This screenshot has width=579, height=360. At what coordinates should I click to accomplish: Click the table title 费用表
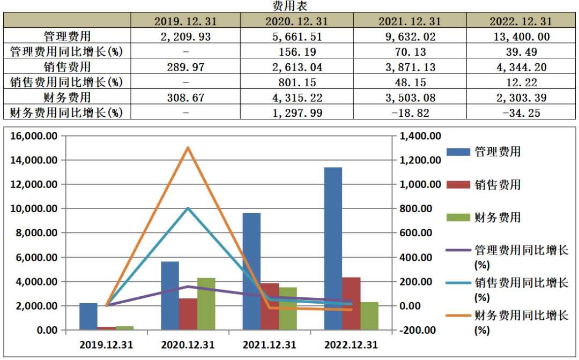pyautogui.click(x=290, y=6)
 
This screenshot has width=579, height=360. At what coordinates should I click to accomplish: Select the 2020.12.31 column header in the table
pyautogui.click(x=296, y=21)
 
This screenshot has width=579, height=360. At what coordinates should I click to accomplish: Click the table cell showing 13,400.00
pyautogui.click(x=521, y=36)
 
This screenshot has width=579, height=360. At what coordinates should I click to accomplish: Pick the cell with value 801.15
pyautogui.click(x=296, y=82)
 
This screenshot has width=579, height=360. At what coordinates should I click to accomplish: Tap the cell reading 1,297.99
pyautogui.click(x=296, y=112)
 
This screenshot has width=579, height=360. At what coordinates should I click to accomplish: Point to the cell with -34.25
pyautogui.click(x=521, y=112)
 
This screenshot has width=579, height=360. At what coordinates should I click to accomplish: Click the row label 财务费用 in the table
pyautogui.click(x=67, y=97)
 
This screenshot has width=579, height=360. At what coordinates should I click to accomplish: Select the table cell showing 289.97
pyautogui.click(x=185, y=67)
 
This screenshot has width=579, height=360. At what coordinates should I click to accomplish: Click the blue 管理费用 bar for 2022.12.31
pyautogui.click(x=333, y=249)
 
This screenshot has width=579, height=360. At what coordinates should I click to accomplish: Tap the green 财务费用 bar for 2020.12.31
pyautogui.click(x=206, y=304)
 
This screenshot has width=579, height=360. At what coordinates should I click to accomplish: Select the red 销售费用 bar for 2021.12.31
pyautogui.click(x=270, y=306)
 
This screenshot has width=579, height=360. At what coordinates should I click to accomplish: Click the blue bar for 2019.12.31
pyautogui.click(x=88, y=317)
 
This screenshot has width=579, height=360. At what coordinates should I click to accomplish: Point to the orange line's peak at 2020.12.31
pyautogui.click(x=188, y=148)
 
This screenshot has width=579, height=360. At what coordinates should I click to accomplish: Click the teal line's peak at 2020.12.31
pyautogui.click(x=188, y=208)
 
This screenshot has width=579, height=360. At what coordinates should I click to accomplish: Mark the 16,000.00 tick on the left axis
pyautogui.click(x=34, y=136)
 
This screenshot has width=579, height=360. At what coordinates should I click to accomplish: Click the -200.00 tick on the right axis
pyautogui.click(x=418, y=330)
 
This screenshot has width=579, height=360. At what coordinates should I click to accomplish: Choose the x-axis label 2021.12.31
pyautogui.click(x=270, y=345)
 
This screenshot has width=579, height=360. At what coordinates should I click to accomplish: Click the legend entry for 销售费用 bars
pyautogui.click(x=484, y=184)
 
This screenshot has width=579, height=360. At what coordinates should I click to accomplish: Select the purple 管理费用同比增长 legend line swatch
pyautogui.click(x=458, y=250)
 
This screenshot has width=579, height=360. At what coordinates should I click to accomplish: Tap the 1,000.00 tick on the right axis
pyautogui.click(x=420, y=184)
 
